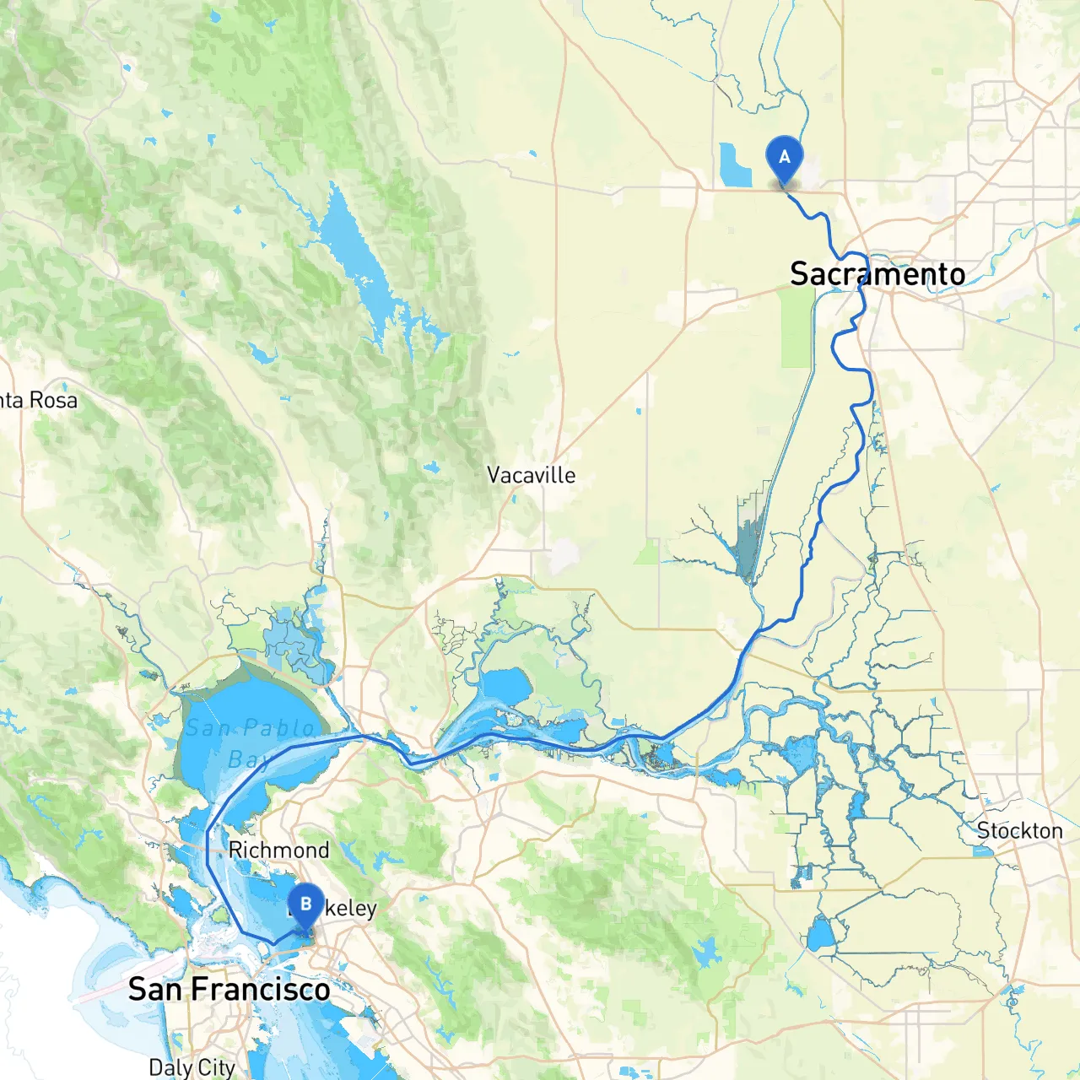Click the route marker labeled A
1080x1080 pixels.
pos(784,159)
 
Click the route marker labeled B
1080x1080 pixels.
pos(305,906)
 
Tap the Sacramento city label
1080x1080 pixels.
pos(877,274)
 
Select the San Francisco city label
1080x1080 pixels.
pos(229,989)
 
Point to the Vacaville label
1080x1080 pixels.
pos(532,476)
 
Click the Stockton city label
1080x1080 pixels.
pos(1019,831)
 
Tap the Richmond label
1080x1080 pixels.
pos(278,850)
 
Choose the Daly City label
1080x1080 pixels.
pos(192,1067)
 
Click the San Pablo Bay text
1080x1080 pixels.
pos(251,742)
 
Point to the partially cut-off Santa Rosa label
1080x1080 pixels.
pos(38,400)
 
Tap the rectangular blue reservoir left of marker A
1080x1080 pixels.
pos(735,165)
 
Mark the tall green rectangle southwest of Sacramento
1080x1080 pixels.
pos(796,328)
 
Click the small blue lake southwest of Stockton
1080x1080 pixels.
pos(819,935)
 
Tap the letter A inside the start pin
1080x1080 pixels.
pos(784,156)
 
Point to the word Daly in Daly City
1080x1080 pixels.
pos(171,1067)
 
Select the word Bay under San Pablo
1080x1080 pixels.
pos(248,761)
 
